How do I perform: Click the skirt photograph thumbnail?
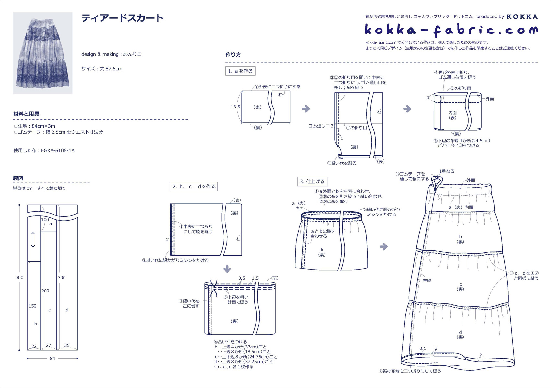pyautogui.click(x=42, y=53)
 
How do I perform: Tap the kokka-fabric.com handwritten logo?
pyautogui.click(x=451, y=30)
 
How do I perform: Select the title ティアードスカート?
pyautogui.click(x=123, y=18)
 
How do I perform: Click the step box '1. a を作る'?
pyautogui.click(x=240, y=71)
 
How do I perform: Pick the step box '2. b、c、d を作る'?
pyautogui.click(x=194, y=186)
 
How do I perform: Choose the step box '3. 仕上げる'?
pyautogui.click(x=312, y=182)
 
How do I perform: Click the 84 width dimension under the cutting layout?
pyautogui.click(x=53, y=358)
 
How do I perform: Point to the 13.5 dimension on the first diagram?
pyautogui.click(x=235, y=107)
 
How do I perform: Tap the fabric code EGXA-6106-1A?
pyautogui.click(x=58, y=150)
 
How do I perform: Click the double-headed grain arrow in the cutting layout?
pyautogui.click(x=33, y=240)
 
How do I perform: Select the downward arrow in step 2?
pyautogui.click(x=227, y=269)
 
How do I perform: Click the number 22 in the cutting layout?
pyautogui.click(x=34, y=346)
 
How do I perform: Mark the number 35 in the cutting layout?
pyautogui.click(x=67, y=345)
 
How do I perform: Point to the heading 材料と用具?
pyautogui.click(x=26, y=114)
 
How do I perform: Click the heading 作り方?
pyautogui.click(x=233, y=54)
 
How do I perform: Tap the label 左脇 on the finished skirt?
pyautogui.click(x=427, y=280)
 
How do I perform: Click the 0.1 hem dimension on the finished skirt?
pyautogui.click(x=423, y=348)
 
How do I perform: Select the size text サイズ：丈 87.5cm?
pyautogui.click(x=102, y=69)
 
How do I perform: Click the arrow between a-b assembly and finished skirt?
pyautogui.click(x=384, y=246)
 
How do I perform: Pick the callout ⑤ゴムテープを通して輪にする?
pyautogui.click(x=412, y=176)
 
